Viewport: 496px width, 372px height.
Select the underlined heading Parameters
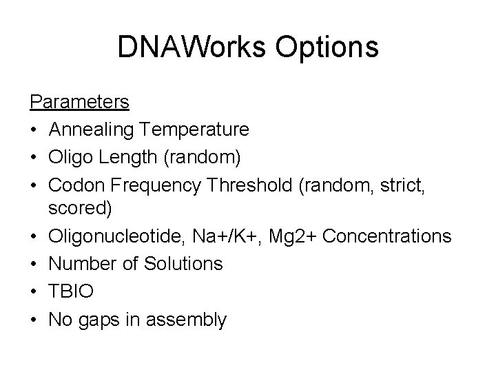pos(79,102)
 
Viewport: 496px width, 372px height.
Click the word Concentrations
pos(387,237)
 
